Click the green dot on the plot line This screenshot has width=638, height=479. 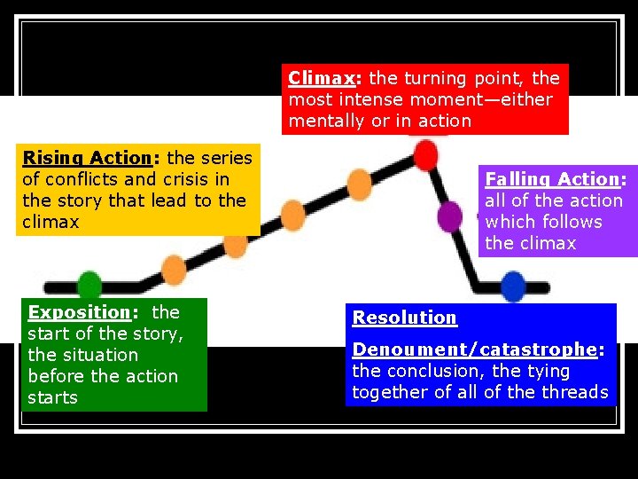[89, 285]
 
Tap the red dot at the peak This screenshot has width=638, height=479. [426, 155]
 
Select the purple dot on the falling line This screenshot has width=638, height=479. [450, 216]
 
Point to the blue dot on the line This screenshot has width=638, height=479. [513, 287]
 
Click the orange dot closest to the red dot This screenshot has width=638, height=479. [360, 184]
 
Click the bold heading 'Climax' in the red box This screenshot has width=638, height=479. [319, 78]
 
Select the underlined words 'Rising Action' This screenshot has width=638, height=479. [87, 158]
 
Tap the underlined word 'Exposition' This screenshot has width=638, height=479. [79, 312]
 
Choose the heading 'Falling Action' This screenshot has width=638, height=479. [551, 179]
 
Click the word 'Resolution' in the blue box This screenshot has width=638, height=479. [404, 318]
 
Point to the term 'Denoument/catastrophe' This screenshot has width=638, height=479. [475, 349]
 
